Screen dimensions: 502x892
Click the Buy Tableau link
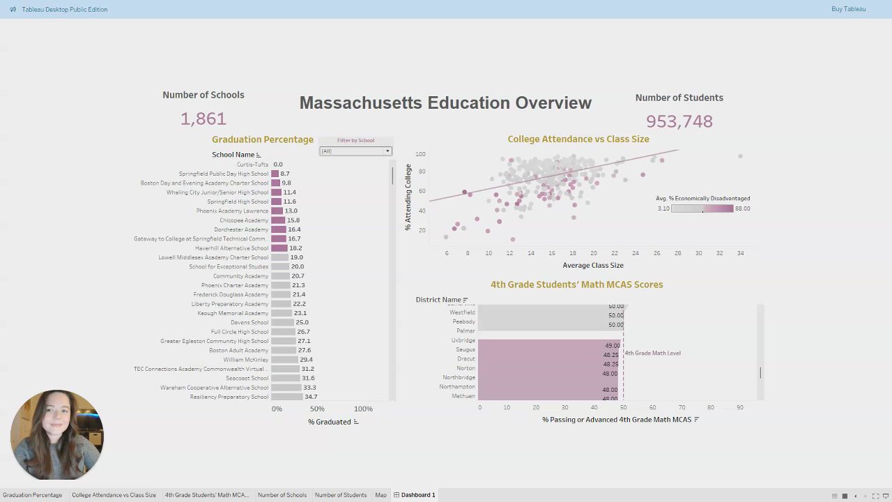coord(848,9)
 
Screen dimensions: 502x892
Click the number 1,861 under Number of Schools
coord(203,119)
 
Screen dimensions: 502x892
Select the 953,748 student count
coord(679,121)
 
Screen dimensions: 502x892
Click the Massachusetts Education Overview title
coord(445,102)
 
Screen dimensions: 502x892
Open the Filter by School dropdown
coord(355,151)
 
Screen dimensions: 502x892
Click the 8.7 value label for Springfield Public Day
coord(285,174)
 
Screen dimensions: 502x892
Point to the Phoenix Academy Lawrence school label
coord(232,211)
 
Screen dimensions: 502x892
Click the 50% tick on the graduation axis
coord(317,409)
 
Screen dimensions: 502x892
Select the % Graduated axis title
coord(330,422)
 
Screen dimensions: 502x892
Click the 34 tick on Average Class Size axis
coord(740,253)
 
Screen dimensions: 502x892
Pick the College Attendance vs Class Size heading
coord(578,139)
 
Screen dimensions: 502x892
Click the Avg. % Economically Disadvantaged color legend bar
coord(702,208)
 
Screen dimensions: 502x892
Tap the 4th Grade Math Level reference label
coord(652,353)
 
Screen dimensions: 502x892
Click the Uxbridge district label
coord(463,340)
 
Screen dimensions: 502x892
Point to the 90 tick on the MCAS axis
coord(739,407)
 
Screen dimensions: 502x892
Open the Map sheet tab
coord(380,495)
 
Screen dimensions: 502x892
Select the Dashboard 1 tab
coord(417,495)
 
